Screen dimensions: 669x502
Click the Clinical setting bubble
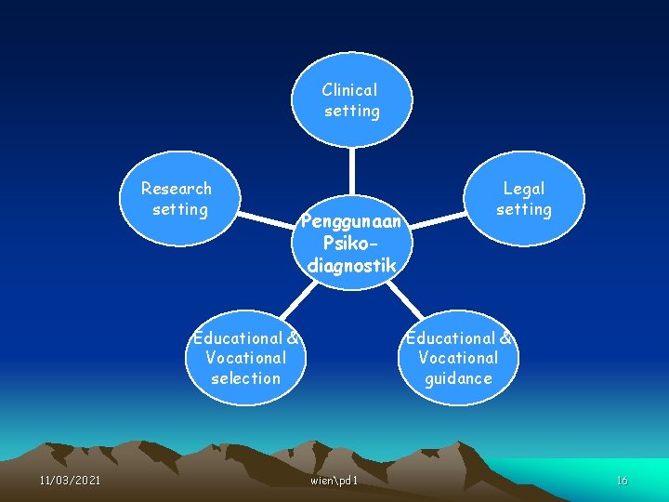coord(351,99)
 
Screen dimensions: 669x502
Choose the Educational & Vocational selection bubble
coord(245,358)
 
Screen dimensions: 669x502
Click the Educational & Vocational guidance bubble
coord(459,358)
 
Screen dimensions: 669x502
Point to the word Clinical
coord(350,90)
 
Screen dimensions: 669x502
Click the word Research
coord(177,189)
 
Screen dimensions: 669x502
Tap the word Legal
coord(524,189)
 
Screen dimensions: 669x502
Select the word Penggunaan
coord(351,223)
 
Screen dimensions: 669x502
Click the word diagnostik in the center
coord(352,266)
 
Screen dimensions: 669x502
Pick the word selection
coord(245,378)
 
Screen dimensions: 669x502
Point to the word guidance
coord(459,378)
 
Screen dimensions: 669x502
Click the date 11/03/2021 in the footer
coord(71,480)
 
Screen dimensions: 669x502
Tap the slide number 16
coord(622,480)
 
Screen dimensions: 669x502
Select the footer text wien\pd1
coord(335,480)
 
